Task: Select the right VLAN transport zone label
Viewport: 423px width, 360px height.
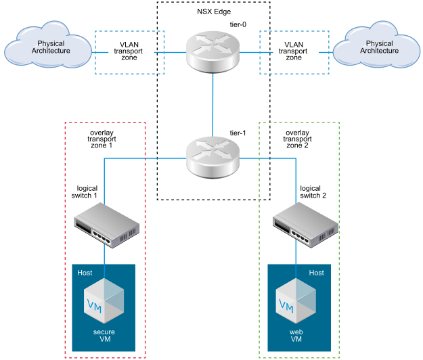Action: click(x=294, y=51)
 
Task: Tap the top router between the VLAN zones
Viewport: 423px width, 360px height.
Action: click(x=213, y=51)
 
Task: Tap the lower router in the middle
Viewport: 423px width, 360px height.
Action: click(x=213, y=157)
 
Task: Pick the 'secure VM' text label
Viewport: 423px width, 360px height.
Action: click(x=104, y=336)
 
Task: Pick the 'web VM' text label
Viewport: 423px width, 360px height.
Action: click(x=296, y=336)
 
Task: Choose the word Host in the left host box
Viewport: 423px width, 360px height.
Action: click(x=85, y=273)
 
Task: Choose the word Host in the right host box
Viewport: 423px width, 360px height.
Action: click(x=316, y=273)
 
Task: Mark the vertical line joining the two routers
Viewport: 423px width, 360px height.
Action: click(x=213, y=102)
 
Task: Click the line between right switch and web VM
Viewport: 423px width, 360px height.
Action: click(x=296, y=254)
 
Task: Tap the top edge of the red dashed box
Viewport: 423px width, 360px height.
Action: click(x=105, y=122)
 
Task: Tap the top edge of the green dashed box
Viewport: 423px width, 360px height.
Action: click(x=299, y=122)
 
